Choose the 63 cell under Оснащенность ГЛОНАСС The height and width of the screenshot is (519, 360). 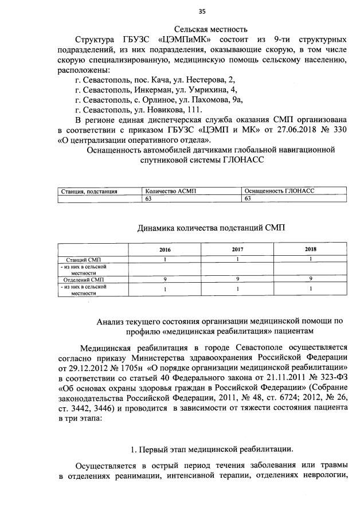(x=248, y=198)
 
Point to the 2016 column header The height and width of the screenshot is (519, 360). (x=165, y=251)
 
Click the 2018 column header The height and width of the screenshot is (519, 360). (x=310, y=251)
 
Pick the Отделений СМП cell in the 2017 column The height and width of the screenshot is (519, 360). (x=237, y=279)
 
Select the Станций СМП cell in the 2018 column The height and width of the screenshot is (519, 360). (x=310, y=260)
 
